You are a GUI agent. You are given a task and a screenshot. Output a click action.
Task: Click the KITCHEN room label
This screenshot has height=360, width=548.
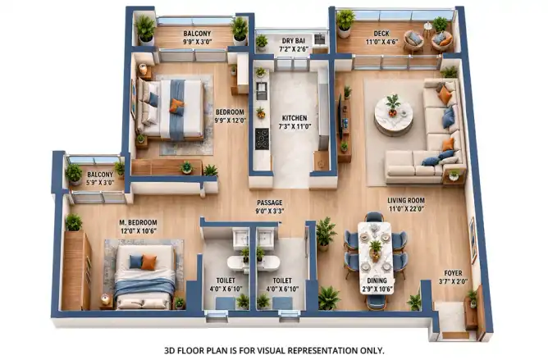pos(295,118)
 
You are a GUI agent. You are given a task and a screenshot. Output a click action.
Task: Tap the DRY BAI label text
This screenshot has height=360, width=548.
pos(294,41)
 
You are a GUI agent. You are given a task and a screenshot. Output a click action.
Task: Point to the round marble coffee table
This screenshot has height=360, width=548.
pos(394,116)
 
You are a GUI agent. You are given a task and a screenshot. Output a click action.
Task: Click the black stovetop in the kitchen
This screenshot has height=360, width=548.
pos(262,139)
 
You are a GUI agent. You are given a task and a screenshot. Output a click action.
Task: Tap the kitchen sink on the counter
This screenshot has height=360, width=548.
pos(261,90)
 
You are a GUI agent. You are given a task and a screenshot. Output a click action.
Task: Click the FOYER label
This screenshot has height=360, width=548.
pos(453,273)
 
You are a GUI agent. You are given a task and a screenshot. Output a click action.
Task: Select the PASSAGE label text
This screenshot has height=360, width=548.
pos(269,203)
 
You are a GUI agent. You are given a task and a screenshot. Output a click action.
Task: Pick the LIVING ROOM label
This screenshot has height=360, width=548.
pos(406,200)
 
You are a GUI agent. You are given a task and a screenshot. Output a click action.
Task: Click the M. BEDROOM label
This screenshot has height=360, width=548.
pos(138,222)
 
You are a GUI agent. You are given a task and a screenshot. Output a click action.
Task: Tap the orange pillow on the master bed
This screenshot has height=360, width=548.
pos(148,262)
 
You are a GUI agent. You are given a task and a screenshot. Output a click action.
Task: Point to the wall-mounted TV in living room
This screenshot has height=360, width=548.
pos(340,116)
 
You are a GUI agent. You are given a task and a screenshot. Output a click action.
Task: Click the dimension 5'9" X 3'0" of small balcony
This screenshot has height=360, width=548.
pos(100,182)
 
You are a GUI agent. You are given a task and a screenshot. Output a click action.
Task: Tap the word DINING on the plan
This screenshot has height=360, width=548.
pos(377,280)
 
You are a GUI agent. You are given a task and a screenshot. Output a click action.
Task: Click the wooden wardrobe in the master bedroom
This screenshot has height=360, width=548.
pos(76,270)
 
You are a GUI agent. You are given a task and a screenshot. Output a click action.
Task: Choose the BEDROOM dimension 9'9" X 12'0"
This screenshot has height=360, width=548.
pos(230,121)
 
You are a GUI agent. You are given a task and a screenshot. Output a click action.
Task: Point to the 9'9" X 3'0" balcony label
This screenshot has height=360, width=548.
pos(197,42)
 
